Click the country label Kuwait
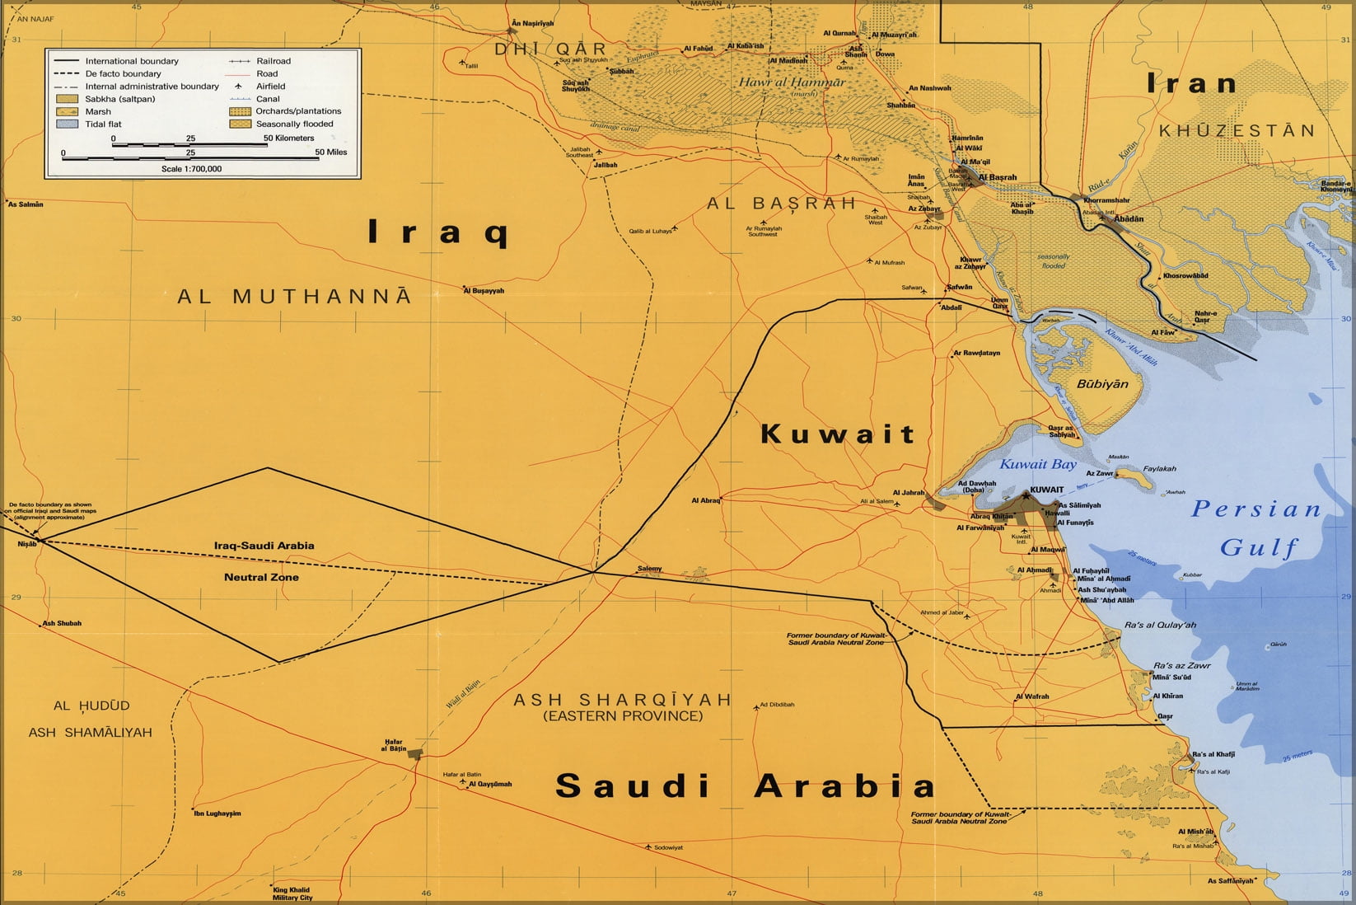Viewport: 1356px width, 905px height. click(x=837, y=434)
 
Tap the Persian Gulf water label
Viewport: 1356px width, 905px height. click(x=1257, y=528)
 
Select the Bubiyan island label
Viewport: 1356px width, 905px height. click(x=1102, y=384)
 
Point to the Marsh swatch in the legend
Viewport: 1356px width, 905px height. click(x=68, y=111)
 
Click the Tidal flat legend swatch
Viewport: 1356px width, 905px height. click(x=68, y=124)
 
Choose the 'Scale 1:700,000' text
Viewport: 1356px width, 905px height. click(x=191, y=169)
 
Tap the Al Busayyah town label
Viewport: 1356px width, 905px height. click(x=484, y=290)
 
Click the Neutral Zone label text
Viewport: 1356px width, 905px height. click(x=261, y=577)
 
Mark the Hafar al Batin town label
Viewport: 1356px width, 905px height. click(x=394, y=745)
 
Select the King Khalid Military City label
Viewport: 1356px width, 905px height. click(x=292, y=893)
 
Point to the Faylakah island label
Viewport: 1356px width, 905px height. click(x=1159, y=468)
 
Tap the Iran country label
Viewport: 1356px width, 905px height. click(x=1192, y=83)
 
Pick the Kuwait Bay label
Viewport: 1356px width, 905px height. click(x=1038, y=464)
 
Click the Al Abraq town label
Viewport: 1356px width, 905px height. click(x=706, y=500)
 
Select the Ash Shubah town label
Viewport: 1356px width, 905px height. click(x=63, y=623)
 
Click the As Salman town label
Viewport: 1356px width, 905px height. click(x=26, y=204)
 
